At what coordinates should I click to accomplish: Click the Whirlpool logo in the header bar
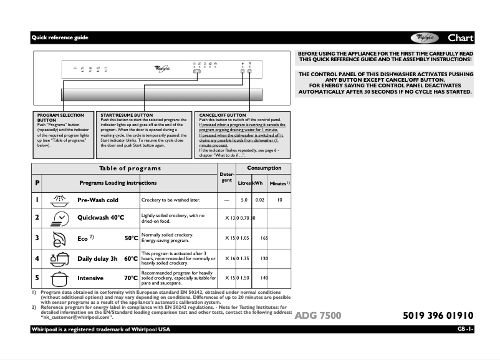(x=426, y=37)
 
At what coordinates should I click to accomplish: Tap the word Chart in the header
(x=460, y=38)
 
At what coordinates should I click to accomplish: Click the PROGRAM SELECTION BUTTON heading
(x=60, y=117)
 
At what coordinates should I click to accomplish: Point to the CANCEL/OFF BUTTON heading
(x=223, y=115)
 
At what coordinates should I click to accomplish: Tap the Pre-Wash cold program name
(x=97, y=200)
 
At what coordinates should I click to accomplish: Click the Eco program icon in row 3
(x=60, y=238)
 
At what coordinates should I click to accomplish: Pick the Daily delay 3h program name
(x=98, y=258)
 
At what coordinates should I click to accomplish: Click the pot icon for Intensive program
(x=60, y=278)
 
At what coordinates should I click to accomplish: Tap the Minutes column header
(x=278, y=184)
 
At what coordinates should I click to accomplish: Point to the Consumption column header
(x=264, y=168)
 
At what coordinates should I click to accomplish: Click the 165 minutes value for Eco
(x=264, y=238)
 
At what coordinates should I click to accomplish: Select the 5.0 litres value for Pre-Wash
(x=244, y=200)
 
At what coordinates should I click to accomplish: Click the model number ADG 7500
(x=318, y=316)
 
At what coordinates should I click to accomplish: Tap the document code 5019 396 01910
(x=434, y=316)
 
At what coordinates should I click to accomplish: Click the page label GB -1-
(x=465, y=329)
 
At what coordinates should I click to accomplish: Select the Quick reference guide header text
(x=60, y=38)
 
